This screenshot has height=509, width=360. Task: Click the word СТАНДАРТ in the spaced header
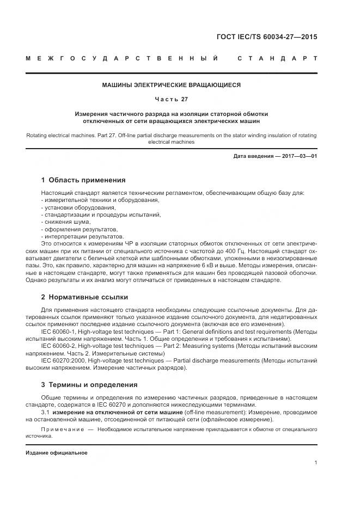(x=278, y=58)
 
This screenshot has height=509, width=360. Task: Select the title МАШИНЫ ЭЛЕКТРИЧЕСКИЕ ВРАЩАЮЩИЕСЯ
(x=172, y=85)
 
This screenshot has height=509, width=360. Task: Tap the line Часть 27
(x=172, y=99)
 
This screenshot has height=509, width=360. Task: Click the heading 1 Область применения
(x=83, y=180)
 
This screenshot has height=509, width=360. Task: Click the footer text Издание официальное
(x=57, y=453)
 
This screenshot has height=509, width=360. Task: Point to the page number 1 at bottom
(x=316, y=463)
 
